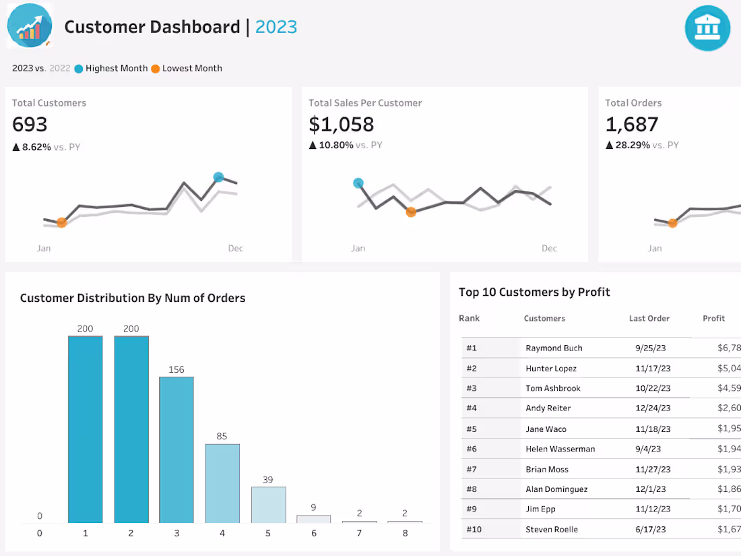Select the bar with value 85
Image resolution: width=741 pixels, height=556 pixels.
click(x=222, y=483)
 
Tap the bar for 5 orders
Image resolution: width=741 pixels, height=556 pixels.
click(x=268, y=504)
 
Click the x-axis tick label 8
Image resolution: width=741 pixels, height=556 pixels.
click(x=405, y=533)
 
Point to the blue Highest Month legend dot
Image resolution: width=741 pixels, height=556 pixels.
click(x=79, y=69)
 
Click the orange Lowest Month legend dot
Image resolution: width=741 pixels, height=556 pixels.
click(x=156, y=69)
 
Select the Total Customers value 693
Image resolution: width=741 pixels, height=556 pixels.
click(x=30, y=125)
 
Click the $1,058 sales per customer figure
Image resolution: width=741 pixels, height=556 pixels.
click(x=341, y=125)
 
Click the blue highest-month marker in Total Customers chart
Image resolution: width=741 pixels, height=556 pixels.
click(x=218, y=177)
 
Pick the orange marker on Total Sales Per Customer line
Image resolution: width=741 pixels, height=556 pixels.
click(x=411, y=212)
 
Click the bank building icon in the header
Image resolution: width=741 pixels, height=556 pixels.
click(x=707, y=28)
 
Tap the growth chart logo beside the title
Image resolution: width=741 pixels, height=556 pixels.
click(x=30, y=26)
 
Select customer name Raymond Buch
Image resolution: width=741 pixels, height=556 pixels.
click(x=554, y=348)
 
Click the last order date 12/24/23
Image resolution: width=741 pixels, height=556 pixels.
click(x=653, y=408)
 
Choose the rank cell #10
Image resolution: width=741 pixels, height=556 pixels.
click(x=474, y=530)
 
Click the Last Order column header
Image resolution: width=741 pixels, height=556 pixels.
click(x=649, y=319)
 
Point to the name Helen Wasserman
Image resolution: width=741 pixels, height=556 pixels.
click(x=560, y=449)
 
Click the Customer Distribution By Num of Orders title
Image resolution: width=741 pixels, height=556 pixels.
click(x=133, y=298)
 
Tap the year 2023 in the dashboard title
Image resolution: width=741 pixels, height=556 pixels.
click(x=276, y=27)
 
